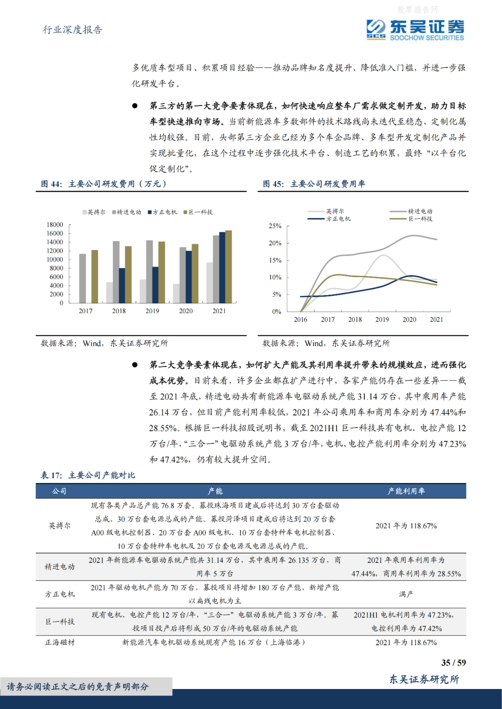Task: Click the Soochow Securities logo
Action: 415,30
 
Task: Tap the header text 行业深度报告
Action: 73,30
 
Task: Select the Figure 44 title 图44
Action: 103,184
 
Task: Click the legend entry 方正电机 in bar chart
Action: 162,212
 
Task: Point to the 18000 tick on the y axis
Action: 55,225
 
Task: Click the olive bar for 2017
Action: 95,276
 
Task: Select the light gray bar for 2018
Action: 109,293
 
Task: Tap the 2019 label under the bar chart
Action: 152,311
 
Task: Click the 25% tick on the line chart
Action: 275,226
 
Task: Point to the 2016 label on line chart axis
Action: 300,319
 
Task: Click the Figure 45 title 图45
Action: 314,184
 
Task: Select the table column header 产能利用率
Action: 406,491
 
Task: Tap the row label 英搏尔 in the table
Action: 59,525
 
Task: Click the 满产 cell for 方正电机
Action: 406,594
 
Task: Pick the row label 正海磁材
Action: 59,642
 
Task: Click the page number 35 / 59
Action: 453,663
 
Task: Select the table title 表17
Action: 87,475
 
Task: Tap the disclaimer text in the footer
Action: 78,687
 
